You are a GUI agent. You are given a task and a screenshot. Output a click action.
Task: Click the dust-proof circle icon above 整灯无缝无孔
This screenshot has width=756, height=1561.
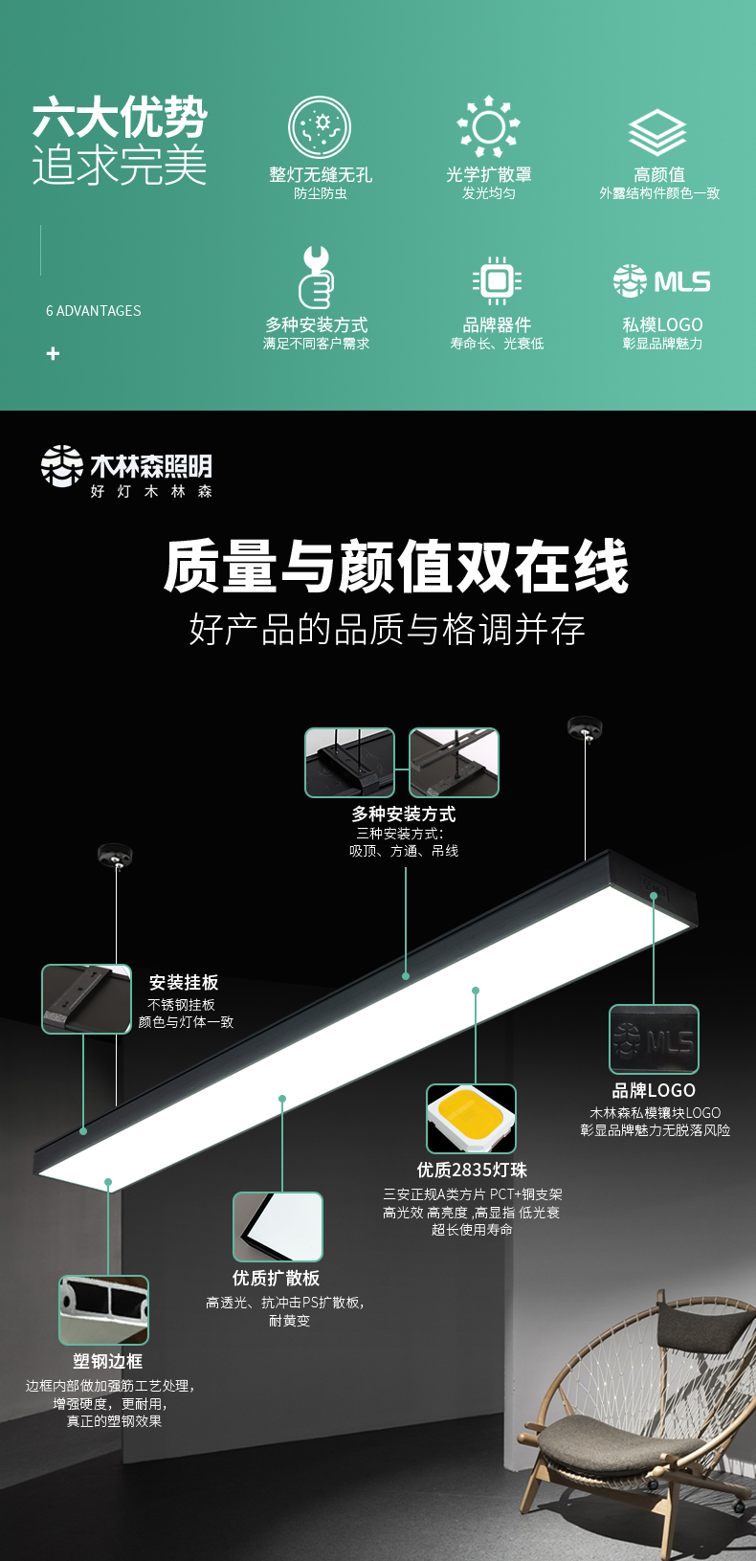click(320, 127)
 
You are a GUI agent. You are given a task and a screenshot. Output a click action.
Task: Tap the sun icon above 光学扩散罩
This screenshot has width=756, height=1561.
click(488, 126)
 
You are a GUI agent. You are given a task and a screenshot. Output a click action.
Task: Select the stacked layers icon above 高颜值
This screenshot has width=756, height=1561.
click(657, 132)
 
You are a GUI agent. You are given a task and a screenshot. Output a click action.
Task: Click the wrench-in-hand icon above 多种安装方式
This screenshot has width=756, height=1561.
click(317, 278)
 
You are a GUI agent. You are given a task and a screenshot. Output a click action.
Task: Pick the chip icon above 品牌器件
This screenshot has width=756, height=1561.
click(497, 280)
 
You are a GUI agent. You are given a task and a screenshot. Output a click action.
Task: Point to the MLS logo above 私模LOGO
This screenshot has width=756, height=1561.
click(661, 280)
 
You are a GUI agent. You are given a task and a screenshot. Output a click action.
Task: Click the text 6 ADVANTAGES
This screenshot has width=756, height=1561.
click(94, 311)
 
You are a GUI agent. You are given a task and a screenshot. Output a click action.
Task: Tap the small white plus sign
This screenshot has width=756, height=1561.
click(53, 354)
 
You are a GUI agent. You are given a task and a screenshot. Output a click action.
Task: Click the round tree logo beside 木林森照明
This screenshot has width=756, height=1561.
click(61, 465)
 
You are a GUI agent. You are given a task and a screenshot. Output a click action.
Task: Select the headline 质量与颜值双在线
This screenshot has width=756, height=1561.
click(396, 566)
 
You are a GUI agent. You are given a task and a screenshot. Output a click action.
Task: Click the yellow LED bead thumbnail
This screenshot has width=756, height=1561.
click(471, 1118)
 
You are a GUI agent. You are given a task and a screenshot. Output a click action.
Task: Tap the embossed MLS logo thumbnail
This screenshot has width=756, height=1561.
click(654, 1039)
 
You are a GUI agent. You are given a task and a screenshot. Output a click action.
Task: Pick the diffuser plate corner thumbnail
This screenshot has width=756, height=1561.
click(278, 1227)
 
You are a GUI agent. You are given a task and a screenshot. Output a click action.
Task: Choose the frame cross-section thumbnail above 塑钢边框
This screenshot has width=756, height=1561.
click(103, 1310)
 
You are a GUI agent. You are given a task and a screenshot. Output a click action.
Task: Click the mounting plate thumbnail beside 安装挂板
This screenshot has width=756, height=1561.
click(86, 998)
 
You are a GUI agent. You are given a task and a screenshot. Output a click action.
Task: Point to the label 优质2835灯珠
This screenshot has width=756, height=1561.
click(472, 1171)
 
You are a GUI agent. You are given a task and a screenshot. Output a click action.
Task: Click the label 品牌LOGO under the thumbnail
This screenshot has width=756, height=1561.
click(654, 1091)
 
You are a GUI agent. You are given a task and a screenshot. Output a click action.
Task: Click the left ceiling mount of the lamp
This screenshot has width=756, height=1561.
click(115, 855)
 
